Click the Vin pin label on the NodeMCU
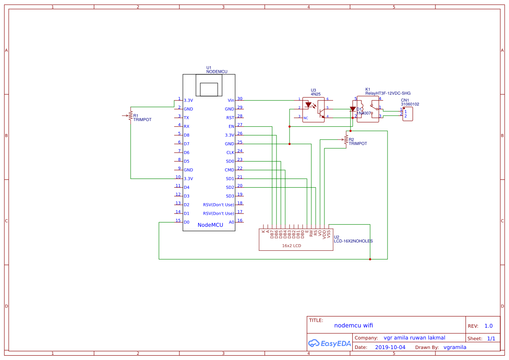point(231,101)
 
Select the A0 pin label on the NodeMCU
point(232,222)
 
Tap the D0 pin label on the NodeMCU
point(186,222)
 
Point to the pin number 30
point(240,99)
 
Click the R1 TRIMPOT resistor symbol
point(130,115)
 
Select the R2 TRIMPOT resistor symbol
point(346,140)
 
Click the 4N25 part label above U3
point(315,94)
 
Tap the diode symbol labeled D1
point(353,109)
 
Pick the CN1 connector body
point(408,114)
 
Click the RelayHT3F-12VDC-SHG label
point(388,93)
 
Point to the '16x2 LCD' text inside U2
point(291,246)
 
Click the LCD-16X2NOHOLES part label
point(353,241)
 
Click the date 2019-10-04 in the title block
point(390,347)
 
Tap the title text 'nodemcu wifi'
point(354,325)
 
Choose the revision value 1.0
point(489,326)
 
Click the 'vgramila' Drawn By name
point(455,347)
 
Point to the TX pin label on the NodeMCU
point(186,118)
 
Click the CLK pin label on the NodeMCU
point(230,153)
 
